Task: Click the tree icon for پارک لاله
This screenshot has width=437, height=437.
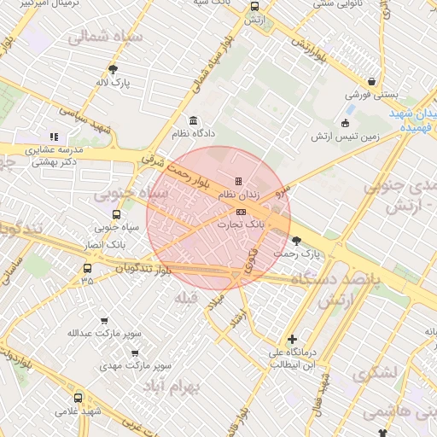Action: click(x=113, y=70)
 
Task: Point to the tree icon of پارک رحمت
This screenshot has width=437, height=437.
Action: click(x=296, y=241)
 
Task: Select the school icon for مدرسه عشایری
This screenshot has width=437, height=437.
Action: click(x=54, y=136)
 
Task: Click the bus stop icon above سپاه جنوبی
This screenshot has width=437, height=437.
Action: click(x=116, y=214)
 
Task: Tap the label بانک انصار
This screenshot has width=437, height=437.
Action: click(x=107, y=244)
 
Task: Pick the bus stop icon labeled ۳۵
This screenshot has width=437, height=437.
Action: click(x=86, y=267)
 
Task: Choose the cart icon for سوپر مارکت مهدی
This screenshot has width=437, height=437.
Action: click(x=135, y=353)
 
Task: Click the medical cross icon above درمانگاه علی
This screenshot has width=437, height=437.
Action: click(x=292, y=339)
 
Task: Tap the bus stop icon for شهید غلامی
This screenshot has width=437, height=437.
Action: click(x=79, y=398)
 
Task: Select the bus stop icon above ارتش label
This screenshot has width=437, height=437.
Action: click(x=253, y=7)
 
